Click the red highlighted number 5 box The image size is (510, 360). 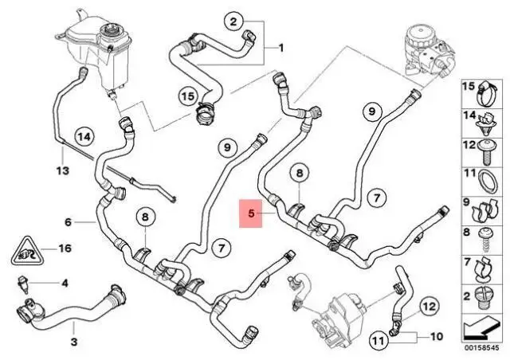coord(251,213)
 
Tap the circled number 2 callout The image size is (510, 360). coord(233,22)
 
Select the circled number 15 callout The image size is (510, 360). coord(188,96)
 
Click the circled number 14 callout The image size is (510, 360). coord(84,137)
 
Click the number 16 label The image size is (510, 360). coord(65,248)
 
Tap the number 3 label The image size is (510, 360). coord(74,342)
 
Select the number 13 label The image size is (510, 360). coord(63,170)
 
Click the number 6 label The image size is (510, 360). coord(68,222)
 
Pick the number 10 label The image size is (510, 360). coord(436,336)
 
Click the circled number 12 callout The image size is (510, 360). coord(430,307)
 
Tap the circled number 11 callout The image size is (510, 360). coord(379,341)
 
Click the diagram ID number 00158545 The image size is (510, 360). coord(481,347)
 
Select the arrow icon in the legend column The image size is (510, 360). coord(481,328)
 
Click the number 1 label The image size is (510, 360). coord(281,48)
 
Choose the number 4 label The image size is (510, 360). coord(65,284)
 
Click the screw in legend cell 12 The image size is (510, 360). coord(486,151)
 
